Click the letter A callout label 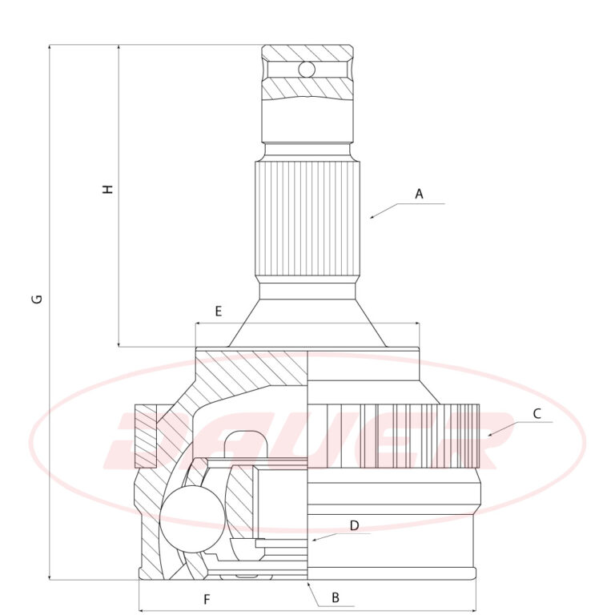(420, 194)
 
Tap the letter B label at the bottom (336, 597)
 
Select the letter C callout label (537, 413)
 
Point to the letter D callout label (354, 525)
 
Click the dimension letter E (219, 312)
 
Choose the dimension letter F (207, 600)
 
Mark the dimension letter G (38, 299)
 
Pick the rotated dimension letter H (107, 189)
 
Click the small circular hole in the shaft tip (307, 70)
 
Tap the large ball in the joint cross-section (192, 519)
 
